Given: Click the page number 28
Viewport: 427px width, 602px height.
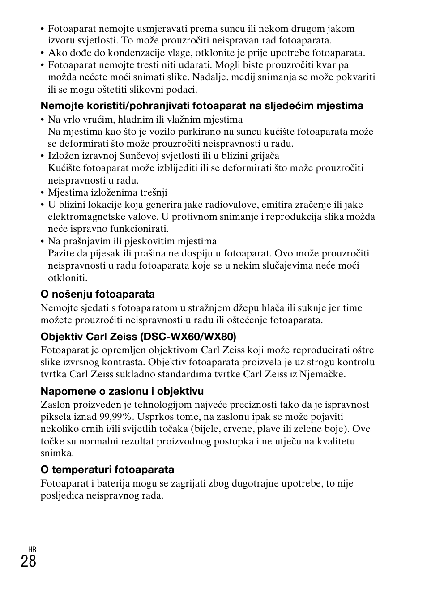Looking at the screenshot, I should pyautogui.click(x=28, y=560).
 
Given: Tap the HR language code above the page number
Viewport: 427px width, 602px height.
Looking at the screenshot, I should pyautogui.click(x=32, y=549).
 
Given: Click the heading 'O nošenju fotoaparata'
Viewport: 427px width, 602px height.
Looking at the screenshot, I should pyautogui.click(x=98, y=294).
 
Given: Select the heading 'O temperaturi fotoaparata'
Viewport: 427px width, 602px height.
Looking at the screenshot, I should pyautogui.click(x=107, y=470).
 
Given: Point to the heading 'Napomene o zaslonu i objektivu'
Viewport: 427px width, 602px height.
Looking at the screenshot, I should pyautogui.click(x=122, y=391).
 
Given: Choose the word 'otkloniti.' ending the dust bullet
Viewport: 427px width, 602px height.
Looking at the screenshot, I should pyautogui.click(x=68, y=278).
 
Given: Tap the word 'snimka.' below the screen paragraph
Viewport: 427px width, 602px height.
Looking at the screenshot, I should pyautogui.click(x=57, y=453).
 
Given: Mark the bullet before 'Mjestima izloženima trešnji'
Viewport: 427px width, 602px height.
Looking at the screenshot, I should pyautogui.click(x=43, y=193).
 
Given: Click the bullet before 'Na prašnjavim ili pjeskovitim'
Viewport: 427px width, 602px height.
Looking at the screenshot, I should pyautogui.click(x=43, y=241).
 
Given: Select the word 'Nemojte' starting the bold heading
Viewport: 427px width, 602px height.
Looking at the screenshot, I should pyautogui.click(x=59, y=106).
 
